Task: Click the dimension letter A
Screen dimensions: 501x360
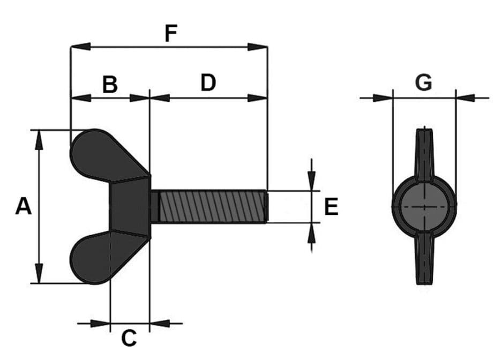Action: [x=24, y=206]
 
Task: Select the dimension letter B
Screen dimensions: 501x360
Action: [x=110, y=84]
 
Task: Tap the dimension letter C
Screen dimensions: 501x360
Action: [x=129, y=338]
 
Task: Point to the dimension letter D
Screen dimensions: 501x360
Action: [x=208, y=82]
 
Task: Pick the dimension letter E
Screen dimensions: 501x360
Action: [x=331, y=207]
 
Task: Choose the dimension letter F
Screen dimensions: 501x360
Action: [x=171, y=33]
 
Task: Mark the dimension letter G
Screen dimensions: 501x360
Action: [x=424, y=82]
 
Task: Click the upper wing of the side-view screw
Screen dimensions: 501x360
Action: [x=106, y=155]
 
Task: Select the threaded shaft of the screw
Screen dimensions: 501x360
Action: [x=209, y=206]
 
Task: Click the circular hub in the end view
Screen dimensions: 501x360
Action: [x=424, y=207]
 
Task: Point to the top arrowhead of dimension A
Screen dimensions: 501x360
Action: [x=39, y=140]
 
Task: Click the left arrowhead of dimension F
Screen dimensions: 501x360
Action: [x=80, y=47]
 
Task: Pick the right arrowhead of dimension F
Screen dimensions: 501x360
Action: [x=258, y=47]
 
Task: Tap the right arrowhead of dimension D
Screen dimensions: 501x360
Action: [x=258, y=98]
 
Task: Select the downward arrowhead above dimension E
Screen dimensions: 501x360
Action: [x=311, y=181]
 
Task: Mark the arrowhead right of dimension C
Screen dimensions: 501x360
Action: [x=160, y=323]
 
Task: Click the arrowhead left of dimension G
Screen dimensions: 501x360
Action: [x=383, y=98]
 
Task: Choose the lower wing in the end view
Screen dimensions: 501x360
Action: [x=424, y=259]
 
